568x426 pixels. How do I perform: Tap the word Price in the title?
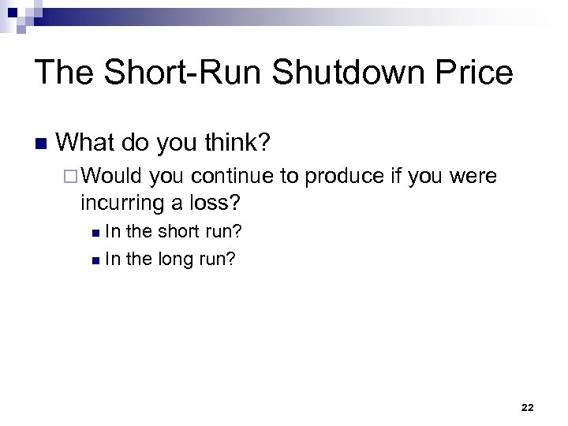473,73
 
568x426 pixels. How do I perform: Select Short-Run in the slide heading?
185,73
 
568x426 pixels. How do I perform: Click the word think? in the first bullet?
234,143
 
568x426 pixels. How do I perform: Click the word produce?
345,176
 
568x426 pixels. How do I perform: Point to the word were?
473,176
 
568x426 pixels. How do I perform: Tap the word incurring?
125,203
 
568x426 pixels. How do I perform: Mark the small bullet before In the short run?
95,233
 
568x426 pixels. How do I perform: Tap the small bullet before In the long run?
95,259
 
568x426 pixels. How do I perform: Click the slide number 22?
528,407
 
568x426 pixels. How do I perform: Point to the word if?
400,176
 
